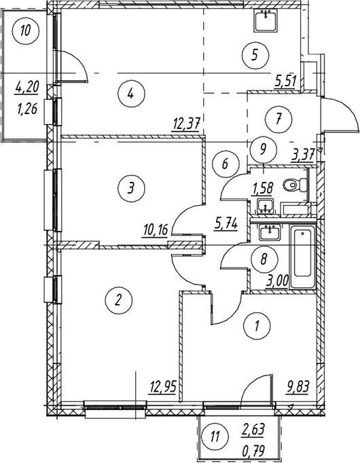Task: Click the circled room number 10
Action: point(26,31)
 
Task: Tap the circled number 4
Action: point(131,94)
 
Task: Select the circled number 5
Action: point(255,56)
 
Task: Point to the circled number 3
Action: point(131,187)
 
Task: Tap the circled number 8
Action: point(264,259)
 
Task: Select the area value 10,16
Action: point(155,229)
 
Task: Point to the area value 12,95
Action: point(163,386)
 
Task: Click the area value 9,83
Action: point(297,386)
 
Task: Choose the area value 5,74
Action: point(226,225)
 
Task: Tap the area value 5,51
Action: point(285,81)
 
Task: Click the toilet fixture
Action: point(294,185)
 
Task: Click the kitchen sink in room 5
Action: point(266,20)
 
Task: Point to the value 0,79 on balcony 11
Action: point(253,451)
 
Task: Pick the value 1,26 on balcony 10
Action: point(28,110)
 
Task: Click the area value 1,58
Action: point(262,188)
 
